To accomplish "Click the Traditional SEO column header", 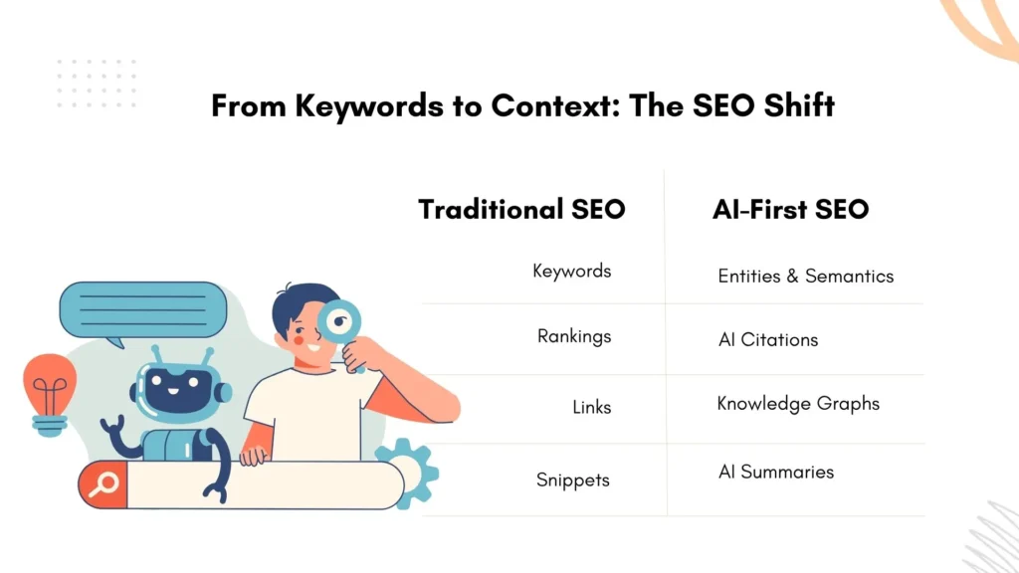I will tap(521, 210).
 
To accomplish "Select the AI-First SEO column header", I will tap(790, 210).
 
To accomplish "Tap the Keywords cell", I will tap(571, 271).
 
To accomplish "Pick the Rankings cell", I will tap(573, 336).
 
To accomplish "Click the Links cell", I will tap(591, 407).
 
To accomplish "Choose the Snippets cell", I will tap(572, 479).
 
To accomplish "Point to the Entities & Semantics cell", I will tap(805, 276).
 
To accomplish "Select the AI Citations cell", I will tap(767, 340).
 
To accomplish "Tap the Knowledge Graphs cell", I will tap(798, 404).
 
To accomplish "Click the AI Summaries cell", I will tap(775, 472).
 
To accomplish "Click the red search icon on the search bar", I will tap(102, 484).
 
